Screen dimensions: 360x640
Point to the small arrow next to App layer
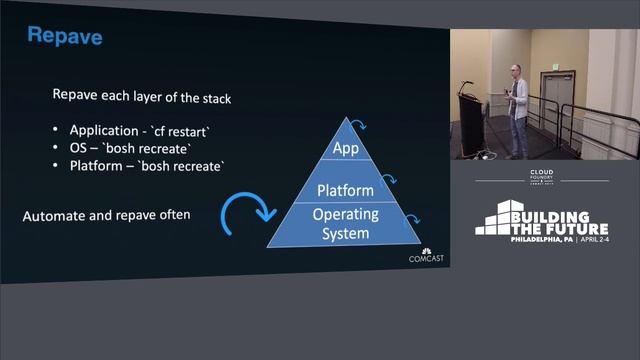point(368,126)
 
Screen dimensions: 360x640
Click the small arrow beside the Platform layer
point(391,180)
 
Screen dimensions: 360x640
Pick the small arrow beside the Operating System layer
point(411,222)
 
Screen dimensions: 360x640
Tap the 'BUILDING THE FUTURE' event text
point(555,220)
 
